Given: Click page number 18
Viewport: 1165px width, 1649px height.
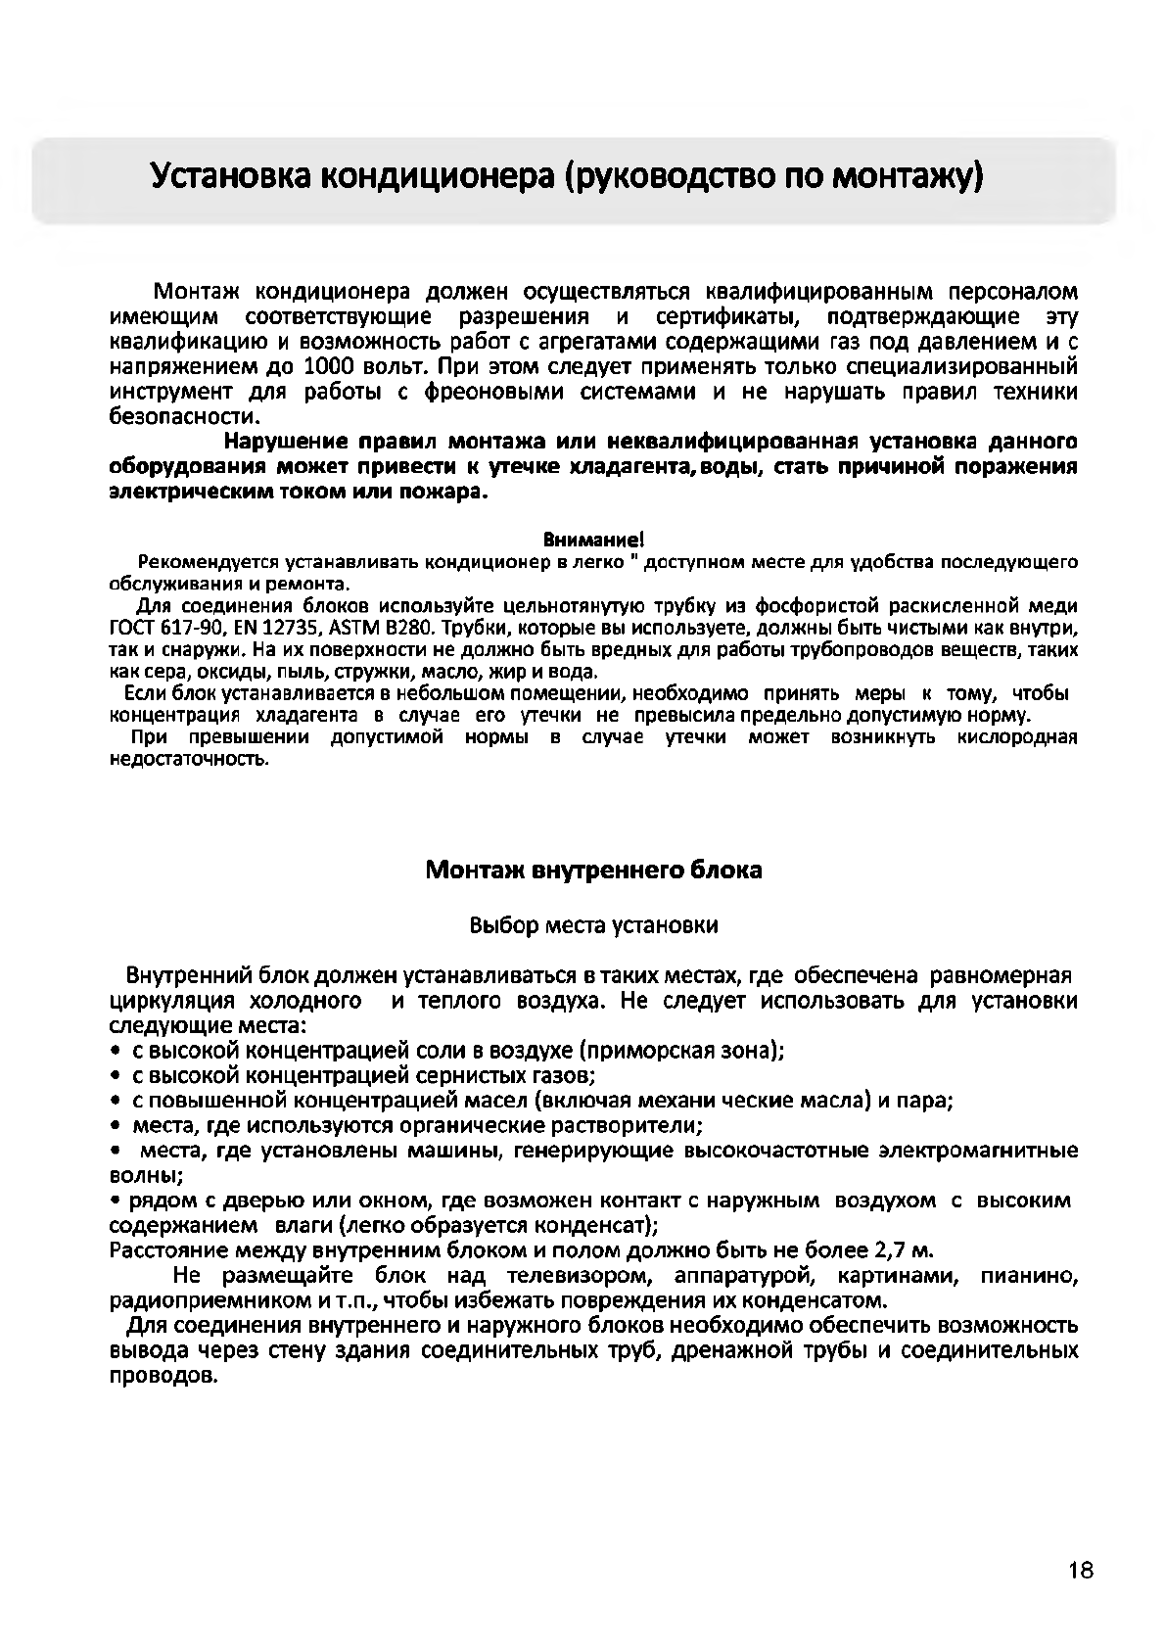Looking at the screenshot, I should [x=1081, y=1570].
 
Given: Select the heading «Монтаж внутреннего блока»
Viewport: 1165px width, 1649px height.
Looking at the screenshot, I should [x=593, y=870].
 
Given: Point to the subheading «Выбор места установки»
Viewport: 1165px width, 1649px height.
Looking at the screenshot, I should [x=593, y=925].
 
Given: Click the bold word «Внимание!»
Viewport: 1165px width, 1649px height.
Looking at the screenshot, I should [x=593, y=540].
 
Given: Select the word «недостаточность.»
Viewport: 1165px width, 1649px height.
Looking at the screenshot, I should [x=187, y=759].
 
